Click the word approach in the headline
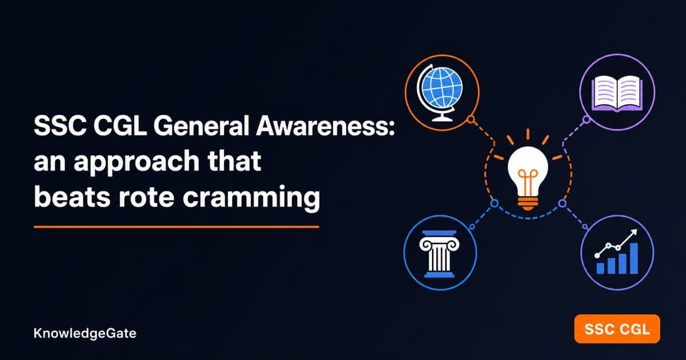(136, 162)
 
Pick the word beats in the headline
(72, 196)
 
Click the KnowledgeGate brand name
(85, 333)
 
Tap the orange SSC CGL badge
(617, 329)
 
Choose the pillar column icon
(439, 254)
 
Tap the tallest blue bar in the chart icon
(633, 258)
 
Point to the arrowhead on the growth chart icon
(634, 233)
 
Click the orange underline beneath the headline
(177, 227)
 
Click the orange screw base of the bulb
(528, 203)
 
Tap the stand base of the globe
(441, 119)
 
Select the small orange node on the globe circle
(471, 119)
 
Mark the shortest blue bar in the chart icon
(601, 268)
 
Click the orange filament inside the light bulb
(528, 183)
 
